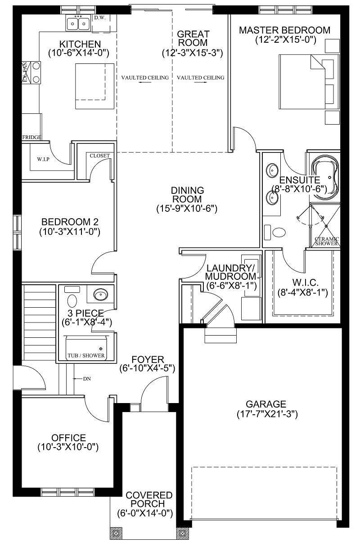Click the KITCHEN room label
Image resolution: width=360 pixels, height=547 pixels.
[80, 44]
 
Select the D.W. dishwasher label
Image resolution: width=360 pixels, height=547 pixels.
[100, 18]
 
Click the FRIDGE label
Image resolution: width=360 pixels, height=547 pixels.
[31, 138]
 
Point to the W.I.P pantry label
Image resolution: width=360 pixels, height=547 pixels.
[43, 159]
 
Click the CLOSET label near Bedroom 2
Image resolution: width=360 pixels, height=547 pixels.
[99, 156]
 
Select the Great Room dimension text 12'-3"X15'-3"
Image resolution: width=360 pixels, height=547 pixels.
[193, 53]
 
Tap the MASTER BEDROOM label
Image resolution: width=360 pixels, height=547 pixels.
[284, 30]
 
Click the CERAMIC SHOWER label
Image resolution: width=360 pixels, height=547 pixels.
[327, 241]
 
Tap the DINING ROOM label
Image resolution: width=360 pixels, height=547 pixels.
[187, 195]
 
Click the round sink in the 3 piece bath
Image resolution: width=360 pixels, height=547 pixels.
[101, 295]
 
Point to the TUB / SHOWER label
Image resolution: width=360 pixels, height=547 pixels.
[86, 356]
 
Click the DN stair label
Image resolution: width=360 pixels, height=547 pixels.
[87, 379]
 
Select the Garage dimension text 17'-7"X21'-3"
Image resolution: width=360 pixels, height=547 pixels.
[267, 414]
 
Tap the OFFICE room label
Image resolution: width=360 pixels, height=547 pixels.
[69, 438]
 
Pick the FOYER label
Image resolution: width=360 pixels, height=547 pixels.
[148, 359]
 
